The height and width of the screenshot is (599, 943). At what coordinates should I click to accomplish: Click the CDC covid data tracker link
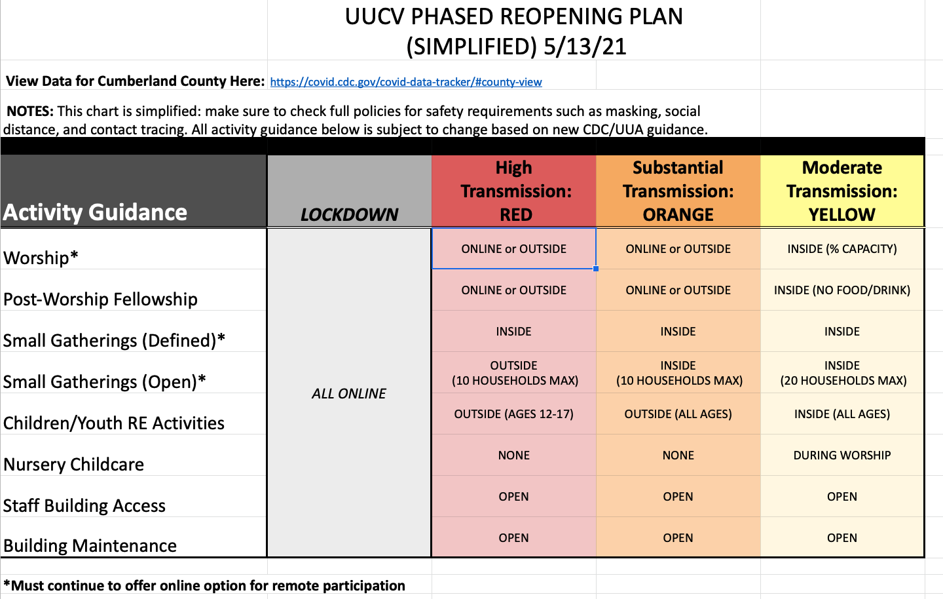(406, 82)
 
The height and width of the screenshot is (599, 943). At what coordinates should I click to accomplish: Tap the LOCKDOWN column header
(349, 214)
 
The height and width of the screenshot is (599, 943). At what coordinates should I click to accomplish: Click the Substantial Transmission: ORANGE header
(678, 191)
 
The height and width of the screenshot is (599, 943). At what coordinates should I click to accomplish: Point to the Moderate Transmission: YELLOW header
(842, 191)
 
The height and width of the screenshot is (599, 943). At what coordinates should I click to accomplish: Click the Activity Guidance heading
(95, 212)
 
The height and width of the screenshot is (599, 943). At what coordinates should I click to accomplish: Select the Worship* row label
(41, 258)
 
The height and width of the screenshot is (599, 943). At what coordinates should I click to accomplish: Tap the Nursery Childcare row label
(73, 464)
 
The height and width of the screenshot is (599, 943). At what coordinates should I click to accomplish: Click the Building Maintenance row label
(90, 545)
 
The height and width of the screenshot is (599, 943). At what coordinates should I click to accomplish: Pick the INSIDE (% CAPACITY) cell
(842, 249)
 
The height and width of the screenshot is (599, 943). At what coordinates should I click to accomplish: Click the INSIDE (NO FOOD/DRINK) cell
(842, 290)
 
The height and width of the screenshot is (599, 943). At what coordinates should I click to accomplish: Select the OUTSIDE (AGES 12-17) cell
(513, 414)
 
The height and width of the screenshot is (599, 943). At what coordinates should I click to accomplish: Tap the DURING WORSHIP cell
(842, 455)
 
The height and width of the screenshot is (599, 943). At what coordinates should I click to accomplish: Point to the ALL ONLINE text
(348, 393)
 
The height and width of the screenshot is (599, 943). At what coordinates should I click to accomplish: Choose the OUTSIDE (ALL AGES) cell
(678, 414)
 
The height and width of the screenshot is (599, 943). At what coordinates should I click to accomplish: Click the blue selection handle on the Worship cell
(596, 268)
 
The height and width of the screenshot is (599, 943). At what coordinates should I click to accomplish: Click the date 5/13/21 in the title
(585, 47)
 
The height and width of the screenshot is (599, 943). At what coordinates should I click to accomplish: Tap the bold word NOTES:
(30, 111)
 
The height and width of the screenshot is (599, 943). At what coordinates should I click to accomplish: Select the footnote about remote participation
(204, 585)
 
